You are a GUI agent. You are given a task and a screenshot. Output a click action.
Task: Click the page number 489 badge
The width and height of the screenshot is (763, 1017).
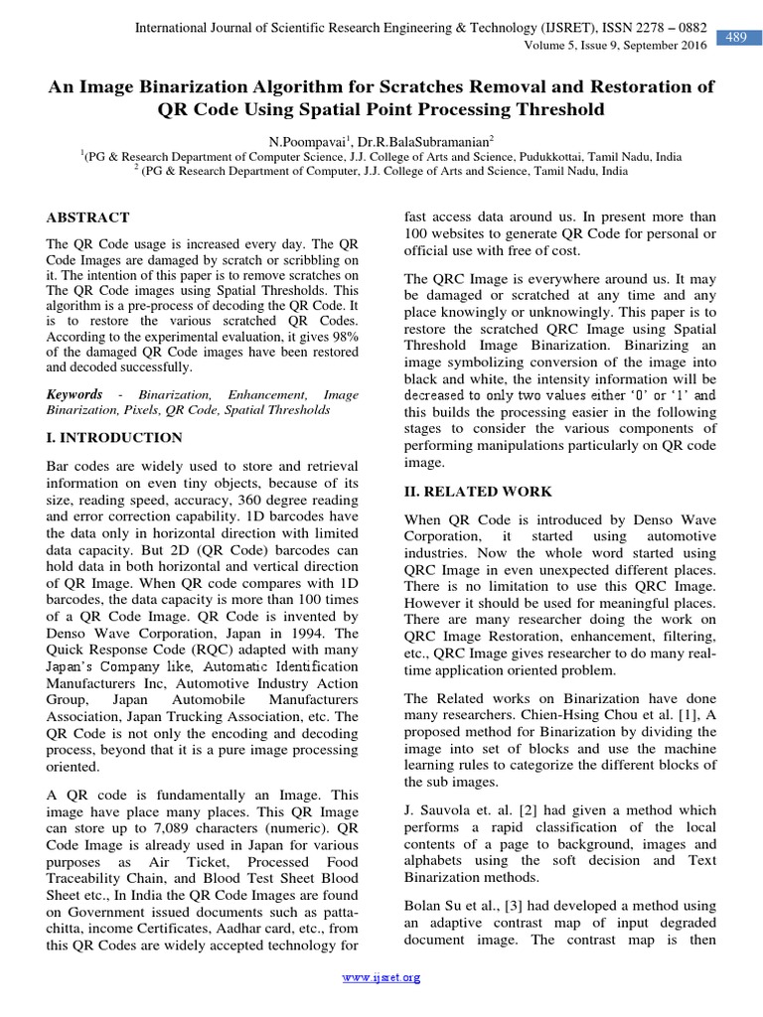(736, 38)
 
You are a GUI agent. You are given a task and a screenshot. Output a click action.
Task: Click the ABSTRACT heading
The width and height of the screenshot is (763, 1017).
(88, 218)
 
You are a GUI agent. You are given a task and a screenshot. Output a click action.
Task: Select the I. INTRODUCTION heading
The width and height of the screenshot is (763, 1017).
(114, 437)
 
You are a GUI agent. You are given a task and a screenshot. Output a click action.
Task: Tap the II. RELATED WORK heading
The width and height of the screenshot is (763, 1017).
(477, 492)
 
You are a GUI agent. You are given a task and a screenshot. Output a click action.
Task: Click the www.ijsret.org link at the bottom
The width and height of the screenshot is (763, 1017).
(381, 978)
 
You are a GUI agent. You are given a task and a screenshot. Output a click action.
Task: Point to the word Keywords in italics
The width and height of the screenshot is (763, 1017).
(75, 394)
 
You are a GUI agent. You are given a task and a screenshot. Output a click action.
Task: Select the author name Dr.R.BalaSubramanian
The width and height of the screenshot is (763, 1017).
(420, 142)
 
